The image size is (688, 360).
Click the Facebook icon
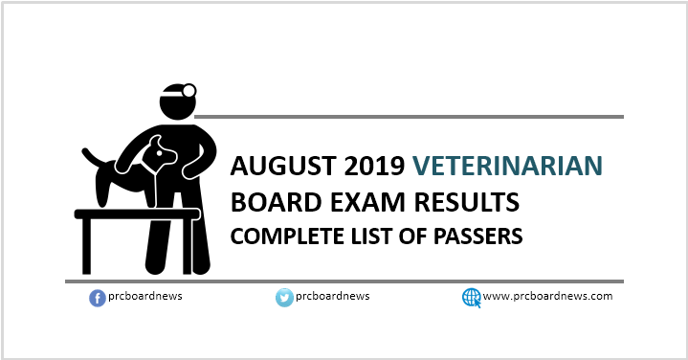[97, 298]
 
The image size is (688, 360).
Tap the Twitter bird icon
[283, 298]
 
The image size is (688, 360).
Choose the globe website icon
[471, 298]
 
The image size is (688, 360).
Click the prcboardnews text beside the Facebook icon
[144, 297]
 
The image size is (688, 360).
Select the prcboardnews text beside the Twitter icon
[331, 297]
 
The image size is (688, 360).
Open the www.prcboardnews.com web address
[547, 297]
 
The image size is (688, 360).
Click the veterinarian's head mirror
[189, 91]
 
